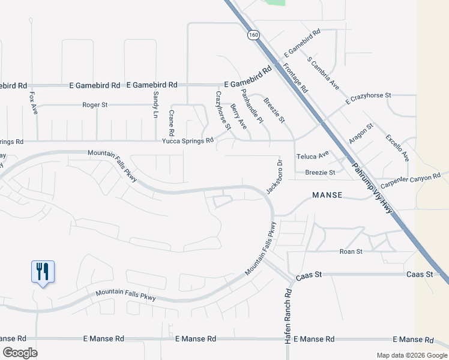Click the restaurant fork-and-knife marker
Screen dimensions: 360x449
43,272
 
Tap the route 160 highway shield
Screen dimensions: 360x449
253,35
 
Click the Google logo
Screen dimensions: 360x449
20,353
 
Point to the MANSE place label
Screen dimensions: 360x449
327,195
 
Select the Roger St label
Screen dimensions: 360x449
95,104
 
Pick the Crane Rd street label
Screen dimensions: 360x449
171,123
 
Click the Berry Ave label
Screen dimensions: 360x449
238,116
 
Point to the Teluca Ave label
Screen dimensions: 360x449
313,155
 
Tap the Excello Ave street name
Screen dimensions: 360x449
397,148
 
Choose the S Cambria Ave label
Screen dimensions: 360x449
324,73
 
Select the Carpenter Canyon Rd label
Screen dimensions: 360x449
414,179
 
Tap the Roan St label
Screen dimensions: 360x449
351,251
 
